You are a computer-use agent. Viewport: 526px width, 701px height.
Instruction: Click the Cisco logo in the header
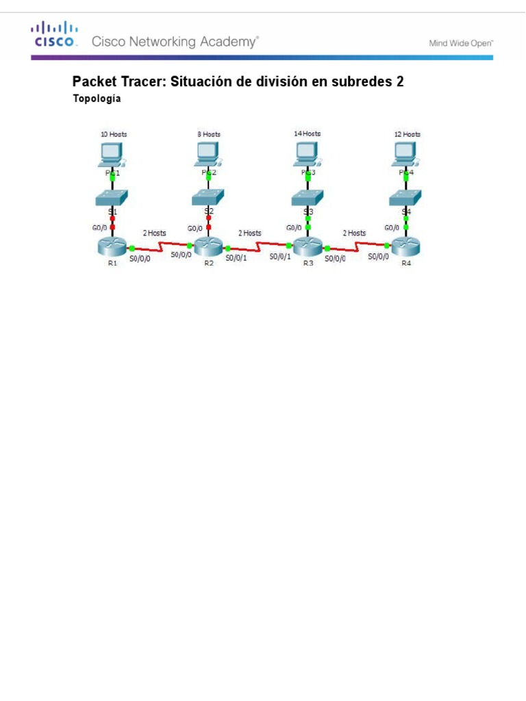pyautogui.click(x=53, y=35)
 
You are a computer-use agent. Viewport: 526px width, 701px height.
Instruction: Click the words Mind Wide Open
pyautogui.click(x=461, y=42)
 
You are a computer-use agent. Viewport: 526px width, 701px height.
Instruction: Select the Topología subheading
pyautogui.click(x=97, y=99)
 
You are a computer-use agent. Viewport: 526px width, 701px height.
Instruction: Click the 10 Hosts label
pyautogui.click(x=114, y=134)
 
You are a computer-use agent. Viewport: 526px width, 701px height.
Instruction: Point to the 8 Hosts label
pyautogui.click(x=208, y=134)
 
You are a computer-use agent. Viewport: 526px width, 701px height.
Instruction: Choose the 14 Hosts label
pyautogui.click(x=307, y=133)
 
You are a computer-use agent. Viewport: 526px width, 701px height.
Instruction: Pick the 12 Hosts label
pyautogui.click(x=407, y=134)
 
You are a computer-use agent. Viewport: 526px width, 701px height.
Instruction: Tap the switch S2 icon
pyautogui.click(x=208, y=199)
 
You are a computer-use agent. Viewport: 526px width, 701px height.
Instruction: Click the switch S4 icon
pyautogui.click(x=406, y=199)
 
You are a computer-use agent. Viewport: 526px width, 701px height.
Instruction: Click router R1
pyautogui.click(x=112, y=247)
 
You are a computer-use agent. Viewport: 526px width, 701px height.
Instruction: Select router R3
pyautogui.click(x=308, y=247)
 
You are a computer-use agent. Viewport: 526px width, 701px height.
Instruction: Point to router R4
pyautogui.click(x=406, y=247)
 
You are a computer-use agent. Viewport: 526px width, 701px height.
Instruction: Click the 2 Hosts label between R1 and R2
pyautogui.click(x=154, y=233)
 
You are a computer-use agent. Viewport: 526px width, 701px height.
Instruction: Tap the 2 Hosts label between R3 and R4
pyautogui.click(x=354, y=233)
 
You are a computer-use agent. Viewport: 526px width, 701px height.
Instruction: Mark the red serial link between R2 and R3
pyautogui.click(x=258, y=244)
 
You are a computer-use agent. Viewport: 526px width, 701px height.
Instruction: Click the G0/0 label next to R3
pyautogui.click(x=293, y=227)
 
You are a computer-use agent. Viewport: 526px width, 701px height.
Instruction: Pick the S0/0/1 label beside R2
pyautogui.click(x=236, y=257)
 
